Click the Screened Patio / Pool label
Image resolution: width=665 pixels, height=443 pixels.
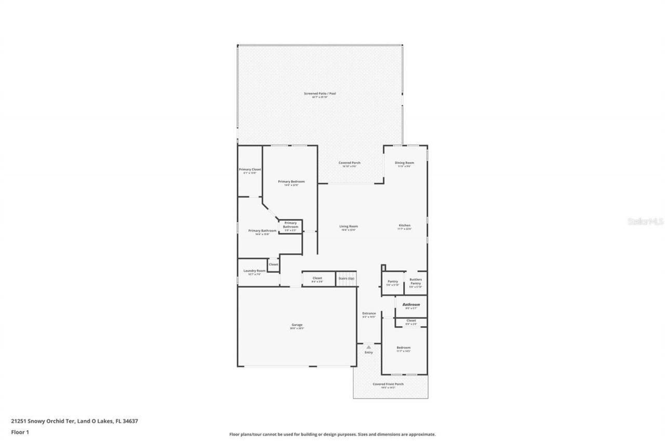pyautogui.click(x=320, y=93)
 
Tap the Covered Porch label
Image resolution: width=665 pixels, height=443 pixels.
pyautogui.click(x=349, y=163)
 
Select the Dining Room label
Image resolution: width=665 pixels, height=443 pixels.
pyautogui.click(x=404, y=163)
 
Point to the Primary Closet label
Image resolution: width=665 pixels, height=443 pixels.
pyautogui.click(x=250, y=170)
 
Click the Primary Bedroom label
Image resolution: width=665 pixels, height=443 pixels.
pyautogui.click(x=291, y=182)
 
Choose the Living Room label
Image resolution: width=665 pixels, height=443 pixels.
pyautogui.click(x=349, y=226)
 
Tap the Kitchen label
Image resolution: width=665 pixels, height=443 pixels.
pyautogui.click(x=404, y=225)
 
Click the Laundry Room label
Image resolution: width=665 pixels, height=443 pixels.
pyautogui.click(x=254, y=271)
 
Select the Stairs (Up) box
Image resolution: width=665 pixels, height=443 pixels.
pyautogui.click(x=347, y=279)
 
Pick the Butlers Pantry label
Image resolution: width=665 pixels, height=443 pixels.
pyautogui.click(x=416, y=281)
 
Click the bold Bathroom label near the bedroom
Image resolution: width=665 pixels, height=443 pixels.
pyautogui.click(x=411, y=304)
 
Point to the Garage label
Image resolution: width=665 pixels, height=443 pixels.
pyautogui.click(x=297, y=325)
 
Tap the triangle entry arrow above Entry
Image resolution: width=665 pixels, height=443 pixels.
pyautogui.click(x=368, y=347)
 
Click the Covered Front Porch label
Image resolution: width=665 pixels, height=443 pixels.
pyautogui.click(x=388, y=384)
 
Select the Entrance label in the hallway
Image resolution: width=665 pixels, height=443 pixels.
pyautogui.click(x=369, y=314)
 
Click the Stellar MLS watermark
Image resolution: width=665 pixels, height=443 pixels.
pyautogui.click(x=646, y=221)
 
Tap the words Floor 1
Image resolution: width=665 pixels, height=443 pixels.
pyautogui.click(x=20, y=432)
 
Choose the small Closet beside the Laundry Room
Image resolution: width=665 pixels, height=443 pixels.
pyautogui.click(x=273, y=265)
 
